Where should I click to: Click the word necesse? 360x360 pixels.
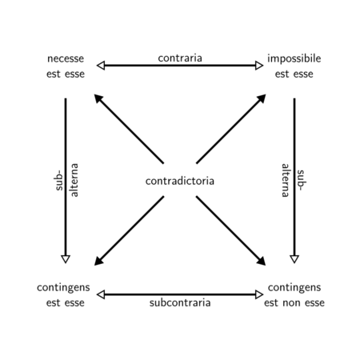[x=66, y=59]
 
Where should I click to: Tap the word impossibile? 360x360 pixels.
[x=294, y=58]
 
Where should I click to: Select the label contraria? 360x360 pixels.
[x=180, y=58]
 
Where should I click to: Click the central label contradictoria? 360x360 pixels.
[x=180, y=181]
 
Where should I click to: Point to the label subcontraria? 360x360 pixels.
[x=180, y=302]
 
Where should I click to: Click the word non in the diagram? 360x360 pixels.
[x=293, y=303]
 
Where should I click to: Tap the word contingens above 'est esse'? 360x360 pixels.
[x=63, y=288]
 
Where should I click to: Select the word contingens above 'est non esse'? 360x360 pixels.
[x=294, y=288]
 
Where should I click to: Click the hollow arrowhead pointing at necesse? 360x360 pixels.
[x=101, y=66]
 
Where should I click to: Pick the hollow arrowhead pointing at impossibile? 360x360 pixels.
[x=259, y=66]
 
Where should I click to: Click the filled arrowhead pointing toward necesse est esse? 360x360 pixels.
[x=98, y=98]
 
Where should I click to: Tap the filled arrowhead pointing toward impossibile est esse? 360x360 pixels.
[x=262, y=98]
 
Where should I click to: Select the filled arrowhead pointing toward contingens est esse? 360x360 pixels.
[x=98, y=262]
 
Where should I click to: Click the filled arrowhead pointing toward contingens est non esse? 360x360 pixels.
[x=262, y=262]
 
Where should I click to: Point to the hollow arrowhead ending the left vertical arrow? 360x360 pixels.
[x=66, y=259]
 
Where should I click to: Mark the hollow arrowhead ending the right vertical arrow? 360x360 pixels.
[x=294, y=259]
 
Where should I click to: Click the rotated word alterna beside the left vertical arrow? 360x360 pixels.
[x=74, y=180]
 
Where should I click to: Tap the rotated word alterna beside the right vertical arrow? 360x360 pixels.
[x=286, y=180]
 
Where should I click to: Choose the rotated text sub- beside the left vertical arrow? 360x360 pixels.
[x=59, y=180]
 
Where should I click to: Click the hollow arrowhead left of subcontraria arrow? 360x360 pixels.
[x=101, y=294]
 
